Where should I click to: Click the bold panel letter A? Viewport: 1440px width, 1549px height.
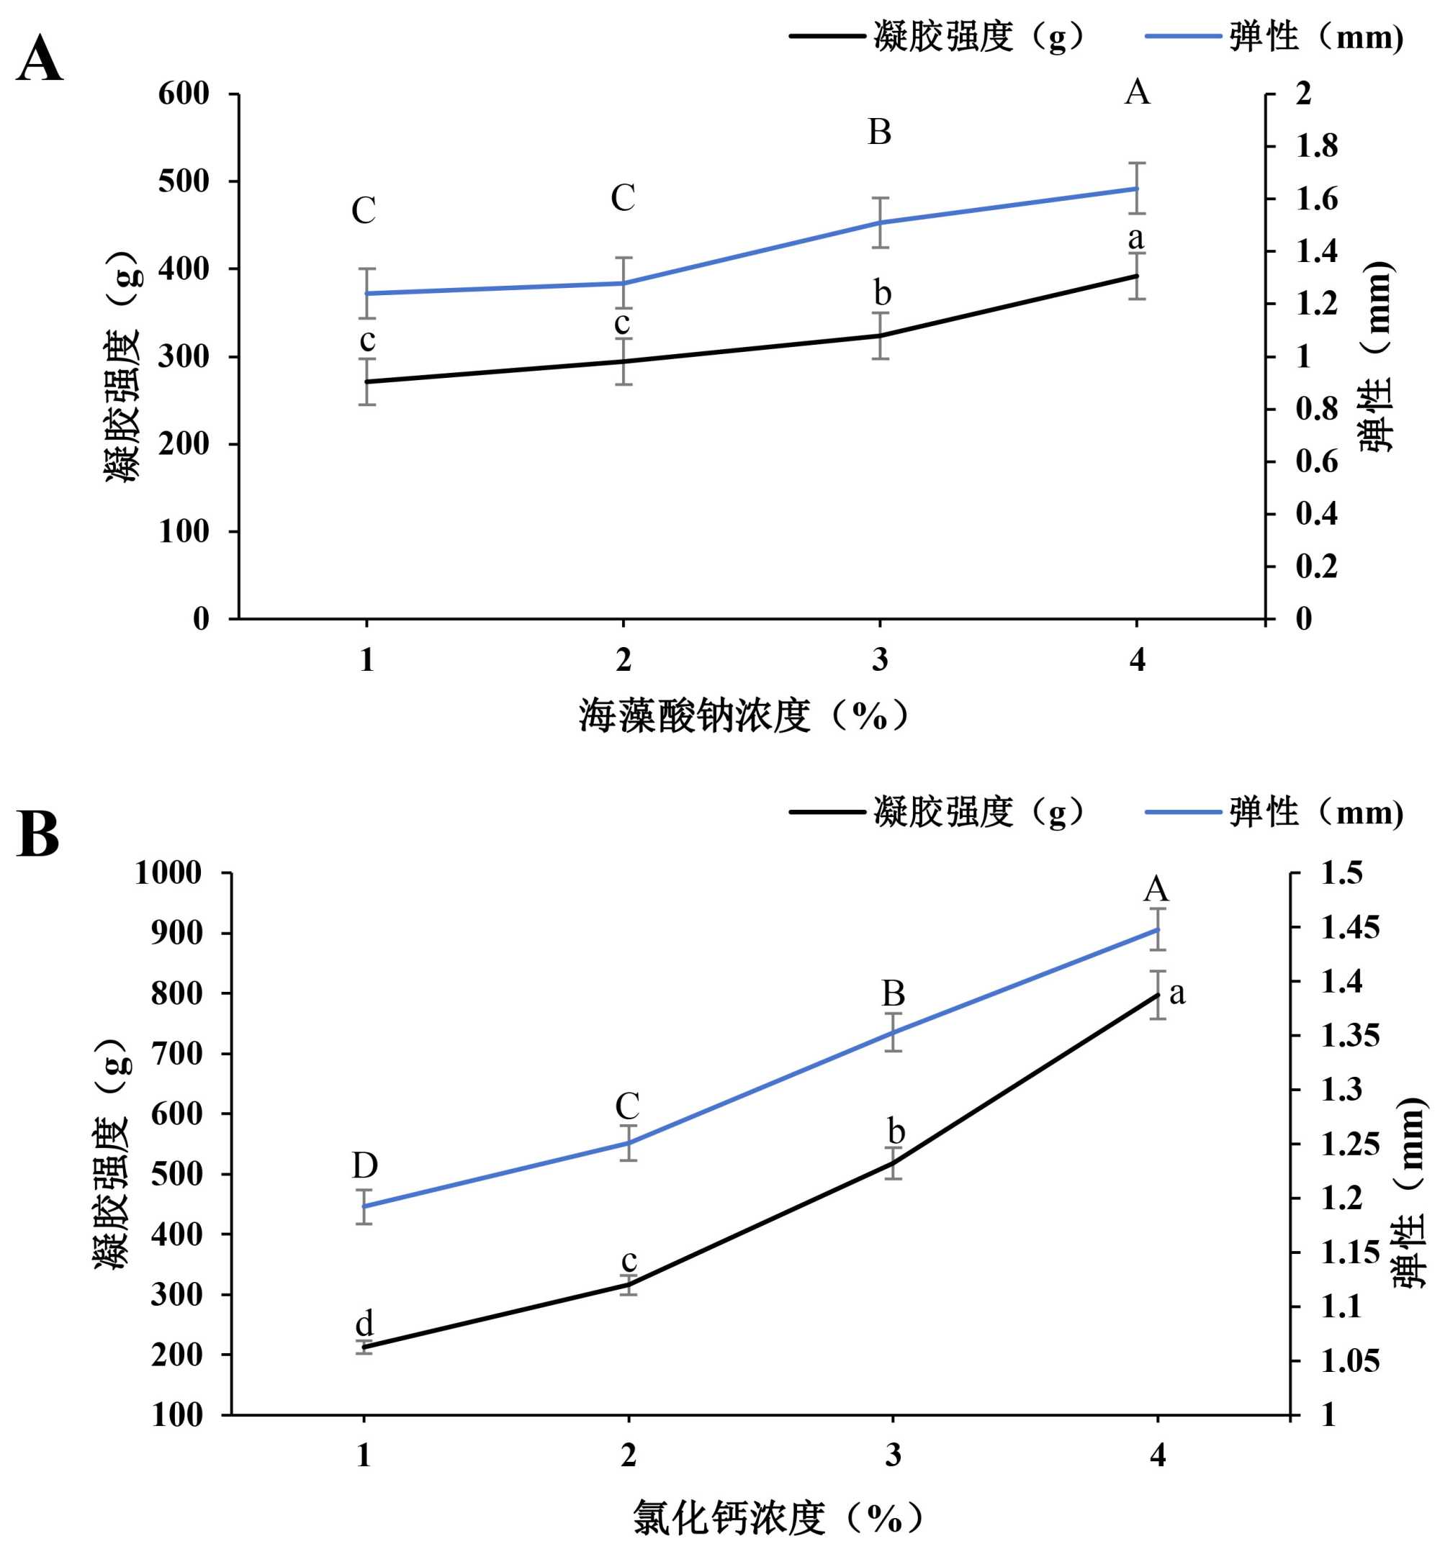click(x=39, y=60)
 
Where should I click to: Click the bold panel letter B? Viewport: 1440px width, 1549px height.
click(x=37, y=834)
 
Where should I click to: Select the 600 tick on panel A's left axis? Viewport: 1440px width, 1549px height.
click(x=184, y=94)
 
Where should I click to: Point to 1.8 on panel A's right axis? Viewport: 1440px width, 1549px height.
click(x=1316, y=147)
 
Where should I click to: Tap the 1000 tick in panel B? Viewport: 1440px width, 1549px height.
click(x=168, y=872)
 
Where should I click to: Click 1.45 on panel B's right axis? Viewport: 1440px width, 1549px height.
click(x=1349, y=927)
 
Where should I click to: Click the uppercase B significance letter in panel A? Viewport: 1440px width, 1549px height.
click(x=880, y=132)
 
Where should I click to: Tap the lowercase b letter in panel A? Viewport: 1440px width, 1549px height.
click(x=882, y=294)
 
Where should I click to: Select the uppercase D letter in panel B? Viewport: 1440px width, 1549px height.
click(x=364, y=1165)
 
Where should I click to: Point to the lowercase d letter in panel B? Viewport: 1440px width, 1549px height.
click(x=364, y=1323)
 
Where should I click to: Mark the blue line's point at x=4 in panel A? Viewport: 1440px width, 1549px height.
click(x=1138, y=189)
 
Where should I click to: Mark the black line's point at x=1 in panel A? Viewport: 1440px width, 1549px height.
click(x=366, y=381)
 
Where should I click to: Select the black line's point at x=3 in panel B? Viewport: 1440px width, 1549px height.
click(x=893, y=1163)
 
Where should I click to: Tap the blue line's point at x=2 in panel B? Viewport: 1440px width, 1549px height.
click(x=628, y=1143)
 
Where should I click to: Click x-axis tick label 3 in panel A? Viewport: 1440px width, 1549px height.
click(x=880, y=660)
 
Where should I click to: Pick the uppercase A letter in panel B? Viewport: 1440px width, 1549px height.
click(x=1156, y=888)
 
